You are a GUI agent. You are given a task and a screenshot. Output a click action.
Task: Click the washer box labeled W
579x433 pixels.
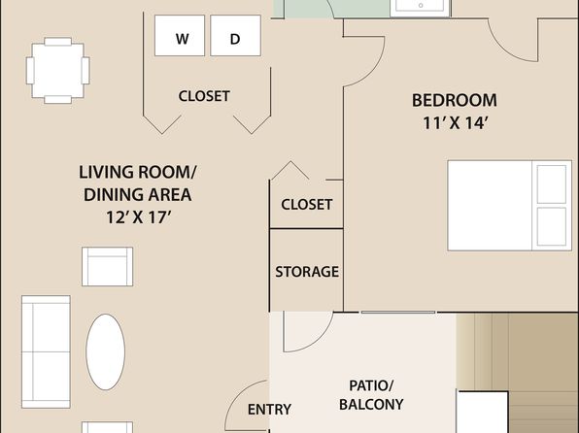[180, 36]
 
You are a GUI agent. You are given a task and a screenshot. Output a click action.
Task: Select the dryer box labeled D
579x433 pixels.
[236, 36]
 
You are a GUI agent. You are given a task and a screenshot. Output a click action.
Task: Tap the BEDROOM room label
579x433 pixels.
[455, 100]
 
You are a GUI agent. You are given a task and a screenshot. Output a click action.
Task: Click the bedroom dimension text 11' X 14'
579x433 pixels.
[456, 123]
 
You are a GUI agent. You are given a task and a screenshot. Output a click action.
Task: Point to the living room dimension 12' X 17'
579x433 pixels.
[139, 217]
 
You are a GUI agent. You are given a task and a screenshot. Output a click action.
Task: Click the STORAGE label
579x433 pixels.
[307, 272]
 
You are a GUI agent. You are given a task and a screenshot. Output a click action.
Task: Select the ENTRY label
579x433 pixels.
[269, 410]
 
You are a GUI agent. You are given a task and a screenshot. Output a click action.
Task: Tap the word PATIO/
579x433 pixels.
[371, 386]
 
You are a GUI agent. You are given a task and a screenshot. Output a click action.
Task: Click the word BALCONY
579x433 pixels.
[371, 405]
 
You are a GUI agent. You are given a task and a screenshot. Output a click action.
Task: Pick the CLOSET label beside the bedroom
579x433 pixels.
[306, 205]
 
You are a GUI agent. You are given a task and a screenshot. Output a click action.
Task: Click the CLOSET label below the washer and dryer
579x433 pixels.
[204, 96]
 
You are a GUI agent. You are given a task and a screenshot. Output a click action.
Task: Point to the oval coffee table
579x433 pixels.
[106, 351]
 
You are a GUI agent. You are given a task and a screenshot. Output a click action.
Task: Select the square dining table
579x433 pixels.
[58, 71]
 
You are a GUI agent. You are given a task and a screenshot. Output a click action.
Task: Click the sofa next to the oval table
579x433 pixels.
[46, 351]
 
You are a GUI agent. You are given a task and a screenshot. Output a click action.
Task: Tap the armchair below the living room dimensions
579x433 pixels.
[107, 267]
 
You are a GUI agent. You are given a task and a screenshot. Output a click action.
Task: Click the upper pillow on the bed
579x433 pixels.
[551, 184]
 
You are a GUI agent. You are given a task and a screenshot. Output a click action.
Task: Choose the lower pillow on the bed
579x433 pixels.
[551, 226]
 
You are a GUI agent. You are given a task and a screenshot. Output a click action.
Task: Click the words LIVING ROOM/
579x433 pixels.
[138, 173]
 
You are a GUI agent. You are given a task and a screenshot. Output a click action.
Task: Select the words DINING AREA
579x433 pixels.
[138, 195]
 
